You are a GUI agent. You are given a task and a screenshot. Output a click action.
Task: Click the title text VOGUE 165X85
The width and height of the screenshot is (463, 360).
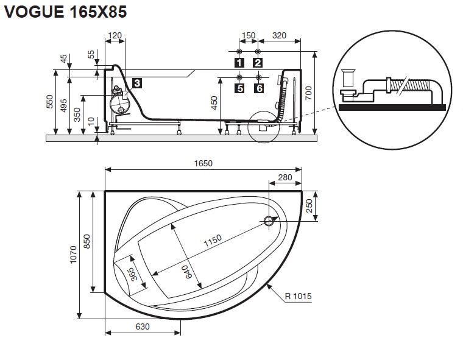tap(65, 12)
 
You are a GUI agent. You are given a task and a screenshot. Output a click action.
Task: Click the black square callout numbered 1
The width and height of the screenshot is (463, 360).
tap(239, 63)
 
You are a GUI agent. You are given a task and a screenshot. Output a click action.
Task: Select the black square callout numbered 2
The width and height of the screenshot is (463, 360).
tap(258, 63)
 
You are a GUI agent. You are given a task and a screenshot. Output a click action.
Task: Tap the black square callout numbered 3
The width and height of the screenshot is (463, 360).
tap(137, 83)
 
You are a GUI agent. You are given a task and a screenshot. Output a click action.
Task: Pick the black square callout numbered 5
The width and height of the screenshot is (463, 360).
tap(239, 88)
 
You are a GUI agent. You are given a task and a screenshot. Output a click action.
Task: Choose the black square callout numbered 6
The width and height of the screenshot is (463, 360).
tap(259, 88)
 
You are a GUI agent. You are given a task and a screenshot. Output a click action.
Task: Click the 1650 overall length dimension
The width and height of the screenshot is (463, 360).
tap(203, 163)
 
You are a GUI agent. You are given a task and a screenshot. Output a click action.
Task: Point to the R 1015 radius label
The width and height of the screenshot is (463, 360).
tap(299, 296)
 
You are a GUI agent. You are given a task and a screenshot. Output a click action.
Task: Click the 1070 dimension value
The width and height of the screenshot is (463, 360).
tap(73, 255)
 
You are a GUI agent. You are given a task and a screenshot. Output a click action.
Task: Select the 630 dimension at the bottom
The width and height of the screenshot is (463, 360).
tap(143, 326)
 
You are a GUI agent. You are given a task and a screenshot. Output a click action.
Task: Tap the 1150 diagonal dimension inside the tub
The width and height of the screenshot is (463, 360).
tap(213, 241)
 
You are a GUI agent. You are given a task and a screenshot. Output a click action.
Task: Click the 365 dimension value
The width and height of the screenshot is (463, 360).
tap(133, 274)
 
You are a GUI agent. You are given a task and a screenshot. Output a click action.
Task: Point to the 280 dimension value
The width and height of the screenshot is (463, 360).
tap(285, 177)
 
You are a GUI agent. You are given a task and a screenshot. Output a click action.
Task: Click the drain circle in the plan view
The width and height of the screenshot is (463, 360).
tap(269, 221)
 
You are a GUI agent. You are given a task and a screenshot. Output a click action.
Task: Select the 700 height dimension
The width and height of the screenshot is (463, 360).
tap(308, 93)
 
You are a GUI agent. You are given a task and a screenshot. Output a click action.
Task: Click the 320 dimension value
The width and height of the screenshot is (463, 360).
tap(279, 35)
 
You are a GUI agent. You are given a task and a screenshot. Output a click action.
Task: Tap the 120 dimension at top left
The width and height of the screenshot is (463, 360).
tap(115, 35)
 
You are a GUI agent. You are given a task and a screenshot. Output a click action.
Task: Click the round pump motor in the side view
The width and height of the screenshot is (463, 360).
tap(119, 104)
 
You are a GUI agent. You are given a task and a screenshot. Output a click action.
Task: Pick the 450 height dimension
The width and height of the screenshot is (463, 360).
tap(214, 103)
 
